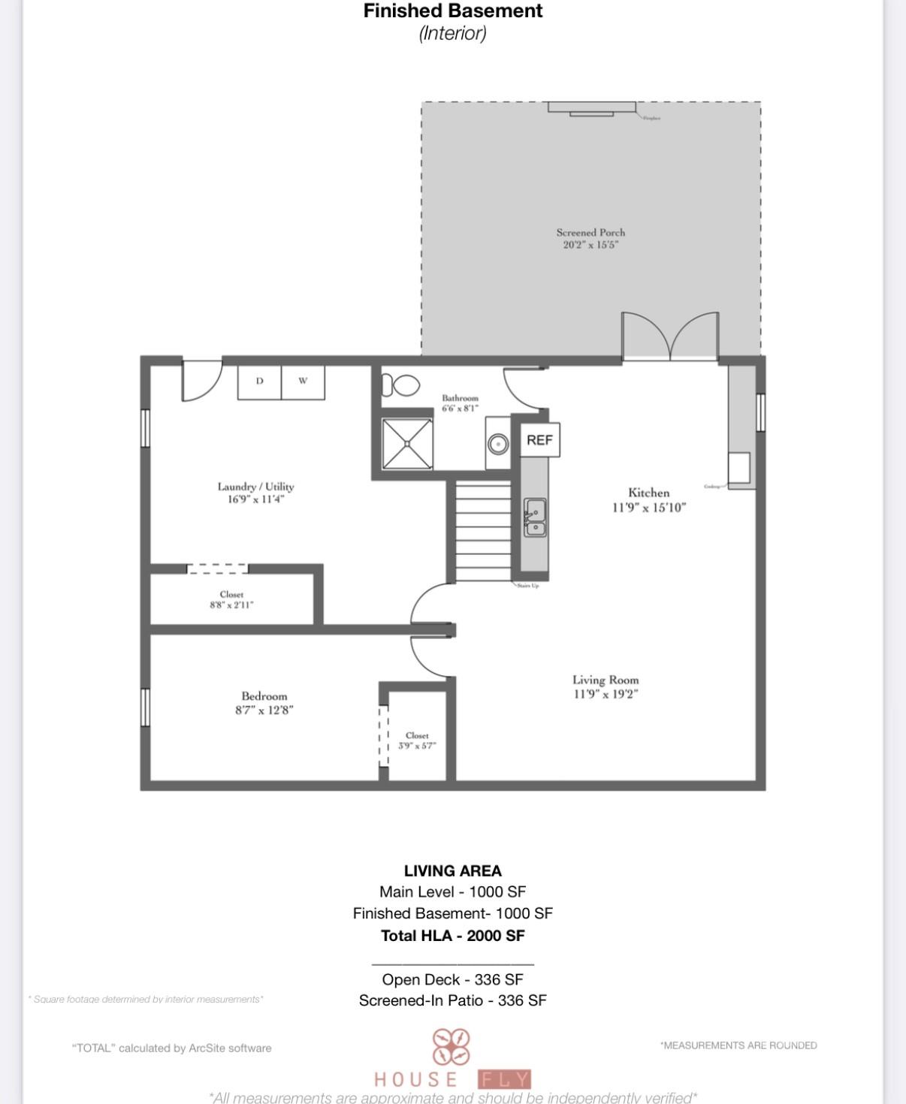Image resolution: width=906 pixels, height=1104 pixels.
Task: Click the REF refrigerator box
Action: coord(539,439)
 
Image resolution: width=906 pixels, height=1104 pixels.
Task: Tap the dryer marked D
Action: coord(259,382)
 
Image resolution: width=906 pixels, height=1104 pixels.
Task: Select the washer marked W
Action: coord(303,382)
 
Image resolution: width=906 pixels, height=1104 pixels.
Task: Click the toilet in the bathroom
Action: coord(400,385)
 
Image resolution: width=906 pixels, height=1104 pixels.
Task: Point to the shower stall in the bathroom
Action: coord(407,444)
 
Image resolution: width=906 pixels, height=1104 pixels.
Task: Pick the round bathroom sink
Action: coord(497,444)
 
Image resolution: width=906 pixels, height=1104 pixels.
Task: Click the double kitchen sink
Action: coord(535,517)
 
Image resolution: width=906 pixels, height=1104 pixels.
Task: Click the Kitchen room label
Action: coord(648,493)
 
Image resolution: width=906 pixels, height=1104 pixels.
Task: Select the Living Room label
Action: coord(605,680)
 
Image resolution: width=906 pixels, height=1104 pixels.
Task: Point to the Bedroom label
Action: coord(264,696)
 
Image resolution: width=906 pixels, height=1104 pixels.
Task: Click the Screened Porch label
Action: coord(590,233)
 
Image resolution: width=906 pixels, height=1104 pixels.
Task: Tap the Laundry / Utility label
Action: coord(255,487)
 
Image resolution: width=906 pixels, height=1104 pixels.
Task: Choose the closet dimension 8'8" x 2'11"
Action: coord(231,605)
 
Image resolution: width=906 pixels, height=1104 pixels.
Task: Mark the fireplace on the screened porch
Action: coord(592,109)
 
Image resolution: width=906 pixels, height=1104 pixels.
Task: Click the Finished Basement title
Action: coord(453,11)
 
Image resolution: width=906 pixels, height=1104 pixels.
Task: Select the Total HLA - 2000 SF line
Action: coord(453,936)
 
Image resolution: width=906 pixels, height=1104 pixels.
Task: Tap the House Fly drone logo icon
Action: coord(451,1046)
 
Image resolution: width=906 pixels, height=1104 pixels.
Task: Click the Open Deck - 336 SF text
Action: coord(452,979)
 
